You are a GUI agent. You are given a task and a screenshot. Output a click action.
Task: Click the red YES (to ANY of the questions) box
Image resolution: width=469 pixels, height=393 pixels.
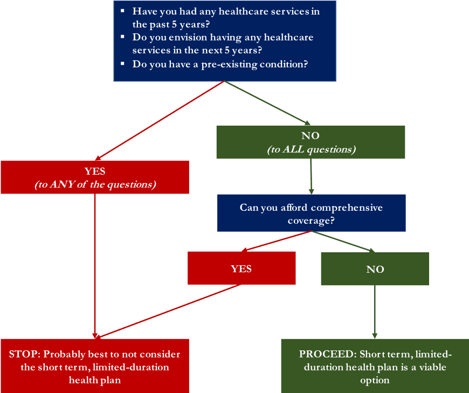(x=95, y=177)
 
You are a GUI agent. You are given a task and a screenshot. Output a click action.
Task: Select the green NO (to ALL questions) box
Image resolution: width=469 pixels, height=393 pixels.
(x=311, y=142)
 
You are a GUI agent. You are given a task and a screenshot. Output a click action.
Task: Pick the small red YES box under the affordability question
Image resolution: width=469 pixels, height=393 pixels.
(x=242, y=268)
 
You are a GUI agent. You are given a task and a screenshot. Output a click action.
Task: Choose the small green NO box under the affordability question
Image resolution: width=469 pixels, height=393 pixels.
(x=375, y=268)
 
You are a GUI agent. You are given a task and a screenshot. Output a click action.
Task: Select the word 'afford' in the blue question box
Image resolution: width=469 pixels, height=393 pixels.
(x=292, y=208)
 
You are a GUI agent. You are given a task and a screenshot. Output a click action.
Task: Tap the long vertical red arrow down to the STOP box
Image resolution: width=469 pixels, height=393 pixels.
(x=95, y=264)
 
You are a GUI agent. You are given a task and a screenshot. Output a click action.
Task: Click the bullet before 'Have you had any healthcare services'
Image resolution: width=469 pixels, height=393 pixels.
(x=122, y=11)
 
